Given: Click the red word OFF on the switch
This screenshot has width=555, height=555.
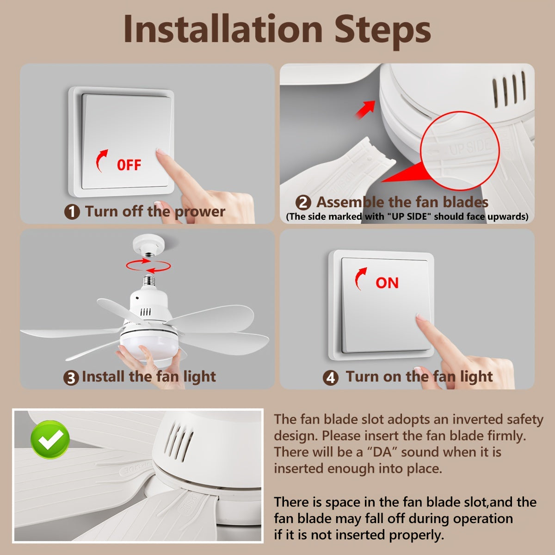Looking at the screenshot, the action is pos(129,165).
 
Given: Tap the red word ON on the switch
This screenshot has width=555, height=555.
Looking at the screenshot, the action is pos(387,283).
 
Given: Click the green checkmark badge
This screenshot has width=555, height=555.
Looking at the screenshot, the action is pos(50,439).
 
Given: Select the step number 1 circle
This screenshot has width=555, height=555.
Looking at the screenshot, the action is pos(72,212).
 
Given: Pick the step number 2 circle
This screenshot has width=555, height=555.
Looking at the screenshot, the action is pos(303,203).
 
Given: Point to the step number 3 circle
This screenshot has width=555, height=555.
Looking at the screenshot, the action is pos(71,378).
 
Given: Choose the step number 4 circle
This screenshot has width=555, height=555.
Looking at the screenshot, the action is pos(331,377).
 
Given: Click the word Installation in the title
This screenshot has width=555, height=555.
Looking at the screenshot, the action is pos(223,29).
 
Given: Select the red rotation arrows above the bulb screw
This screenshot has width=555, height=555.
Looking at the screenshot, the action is pos(148,265).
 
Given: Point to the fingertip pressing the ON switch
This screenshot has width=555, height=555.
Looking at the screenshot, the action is pos(421,318).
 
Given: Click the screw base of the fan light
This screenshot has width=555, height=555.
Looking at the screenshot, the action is pos(149,280).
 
